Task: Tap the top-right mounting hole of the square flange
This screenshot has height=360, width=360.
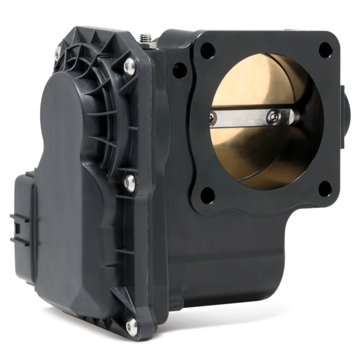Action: click(325, 50)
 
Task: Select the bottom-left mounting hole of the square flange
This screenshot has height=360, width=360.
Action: click(208, 195)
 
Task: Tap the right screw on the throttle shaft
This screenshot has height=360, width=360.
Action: click(273, 117)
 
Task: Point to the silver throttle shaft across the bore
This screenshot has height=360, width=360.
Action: click(248, 118)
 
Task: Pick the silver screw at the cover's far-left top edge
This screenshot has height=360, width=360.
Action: click(58, 52)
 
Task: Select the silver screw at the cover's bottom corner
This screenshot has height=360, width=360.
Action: click(132, 326)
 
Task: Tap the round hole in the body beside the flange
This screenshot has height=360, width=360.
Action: click(180, 71)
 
